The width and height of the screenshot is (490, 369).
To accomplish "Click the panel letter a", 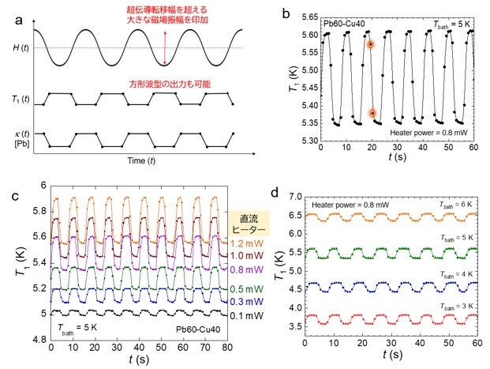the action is click(19, 21).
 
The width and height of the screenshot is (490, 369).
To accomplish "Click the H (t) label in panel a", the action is click(21, 48).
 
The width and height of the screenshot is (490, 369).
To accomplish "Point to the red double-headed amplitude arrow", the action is click(165, 48).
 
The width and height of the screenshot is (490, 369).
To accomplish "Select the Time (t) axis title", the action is click(141, 160).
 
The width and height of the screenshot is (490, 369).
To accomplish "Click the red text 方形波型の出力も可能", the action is click(170, 84).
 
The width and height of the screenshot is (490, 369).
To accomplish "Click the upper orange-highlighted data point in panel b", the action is click(371, 44).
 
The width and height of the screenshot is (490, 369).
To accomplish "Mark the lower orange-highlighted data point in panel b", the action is click(372, 113).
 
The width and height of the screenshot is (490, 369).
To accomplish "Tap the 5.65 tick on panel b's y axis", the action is click(310, 17).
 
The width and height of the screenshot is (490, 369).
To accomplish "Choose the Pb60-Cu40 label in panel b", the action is click(344, 24).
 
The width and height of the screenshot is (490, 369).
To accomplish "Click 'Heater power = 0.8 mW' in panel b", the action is click(428, 133).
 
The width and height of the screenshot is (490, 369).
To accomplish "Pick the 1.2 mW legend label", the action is click(247, 243).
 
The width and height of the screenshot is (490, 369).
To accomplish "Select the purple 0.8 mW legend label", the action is click(247, 269).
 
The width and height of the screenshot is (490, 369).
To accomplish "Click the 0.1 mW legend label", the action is click(247, 316).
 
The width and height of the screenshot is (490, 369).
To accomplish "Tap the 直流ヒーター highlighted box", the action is click(249, 224).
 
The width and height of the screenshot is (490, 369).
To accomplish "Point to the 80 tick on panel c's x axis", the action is click(227, 347).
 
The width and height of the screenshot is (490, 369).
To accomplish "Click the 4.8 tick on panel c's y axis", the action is click(39, 340).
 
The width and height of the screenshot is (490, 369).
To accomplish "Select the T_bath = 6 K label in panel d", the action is click(456, 205).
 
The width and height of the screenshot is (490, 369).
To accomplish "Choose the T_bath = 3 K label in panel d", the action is click(457, 306).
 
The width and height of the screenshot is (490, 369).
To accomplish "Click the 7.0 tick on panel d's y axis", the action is click(295, 197).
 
